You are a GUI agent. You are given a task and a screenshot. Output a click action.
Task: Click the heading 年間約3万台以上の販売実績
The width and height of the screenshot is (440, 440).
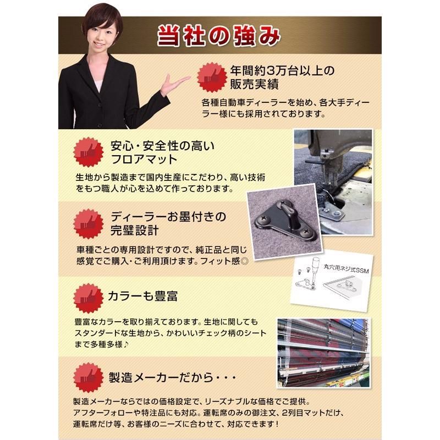274,77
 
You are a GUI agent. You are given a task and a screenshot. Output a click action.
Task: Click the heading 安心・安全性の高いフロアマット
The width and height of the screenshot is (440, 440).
154,153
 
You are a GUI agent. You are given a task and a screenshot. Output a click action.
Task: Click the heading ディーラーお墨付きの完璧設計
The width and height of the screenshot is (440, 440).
166,223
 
